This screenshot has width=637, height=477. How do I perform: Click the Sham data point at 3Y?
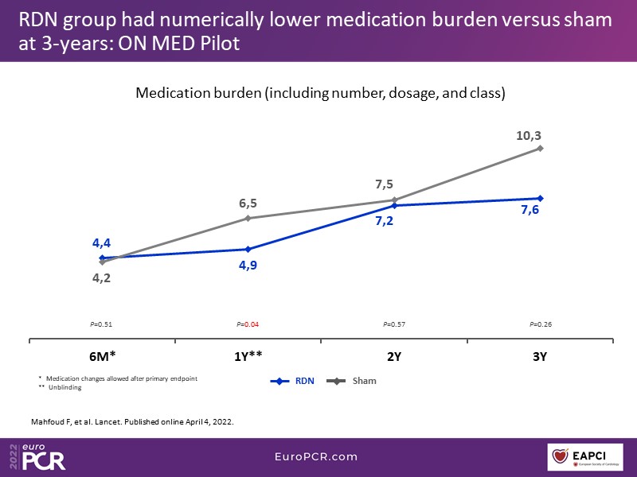541,148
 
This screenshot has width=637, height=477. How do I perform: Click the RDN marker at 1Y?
248,249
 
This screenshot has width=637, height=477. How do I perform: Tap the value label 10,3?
529,136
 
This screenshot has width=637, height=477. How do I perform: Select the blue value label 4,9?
248,265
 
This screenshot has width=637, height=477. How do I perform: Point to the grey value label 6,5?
248,204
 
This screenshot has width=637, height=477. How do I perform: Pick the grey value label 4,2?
101,278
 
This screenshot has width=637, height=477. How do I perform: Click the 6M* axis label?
102,356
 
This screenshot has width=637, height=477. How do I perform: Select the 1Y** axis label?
248,356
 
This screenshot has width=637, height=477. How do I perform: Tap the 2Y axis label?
394,356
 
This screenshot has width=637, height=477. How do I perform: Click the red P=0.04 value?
248,324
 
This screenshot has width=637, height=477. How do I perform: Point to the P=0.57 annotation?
394,324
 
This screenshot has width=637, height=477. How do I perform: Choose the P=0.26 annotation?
541,324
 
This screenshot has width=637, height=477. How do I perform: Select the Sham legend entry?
354,381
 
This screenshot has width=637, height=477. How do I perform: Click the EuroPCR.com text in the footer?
318,456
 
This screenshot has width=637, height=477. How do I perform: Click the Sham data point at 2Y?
394,200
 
